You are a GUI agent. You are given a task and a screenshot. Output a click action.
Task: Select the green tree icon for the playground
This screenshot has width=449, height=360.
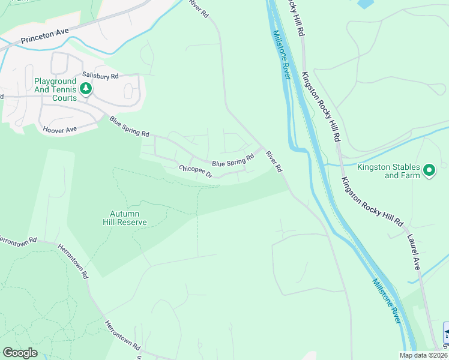(86, 89)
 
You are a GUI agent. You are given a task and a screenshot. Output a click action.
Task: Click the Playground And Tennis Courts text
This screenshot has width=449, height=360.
(55, 89)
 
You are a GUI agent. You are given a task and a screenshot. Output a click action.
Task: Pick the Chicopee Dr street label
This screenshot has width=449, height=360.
(196, 172)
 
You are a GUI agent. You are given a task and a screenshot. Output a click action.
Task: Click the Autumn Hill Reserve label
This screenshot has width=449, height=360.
(128, 218)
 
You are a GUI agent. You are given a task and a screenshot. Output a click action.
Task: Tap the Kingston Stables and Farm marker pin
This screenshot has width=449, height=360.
(429, 171)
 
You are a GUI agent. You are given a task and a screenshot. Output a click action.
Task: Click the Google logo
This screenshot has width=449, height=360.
(20, 353)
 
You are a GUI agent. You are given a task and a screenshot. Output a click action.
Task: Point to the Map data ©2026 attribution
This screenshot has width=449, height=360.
(424, 355)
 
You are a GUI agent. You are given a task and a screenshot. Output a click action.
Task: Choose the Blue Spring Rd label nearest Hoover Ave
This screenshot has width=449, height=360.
(129, 127)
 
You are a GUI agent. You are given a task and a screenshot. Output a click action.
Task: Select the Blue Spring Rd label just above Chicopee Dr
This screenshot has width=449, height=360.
(234, 161)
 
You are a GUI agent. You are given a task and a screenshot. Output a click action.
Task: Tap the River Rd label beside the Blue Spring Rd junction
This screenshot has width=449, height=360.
(274, 162)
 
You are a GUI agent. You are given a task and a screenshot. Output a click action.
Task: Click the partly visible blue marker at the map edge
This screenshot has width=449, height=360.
(445, 333)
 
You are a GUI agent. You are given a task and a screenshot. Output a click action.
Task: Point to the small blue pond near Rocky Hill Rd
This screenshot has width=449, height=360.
(365, 4)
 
